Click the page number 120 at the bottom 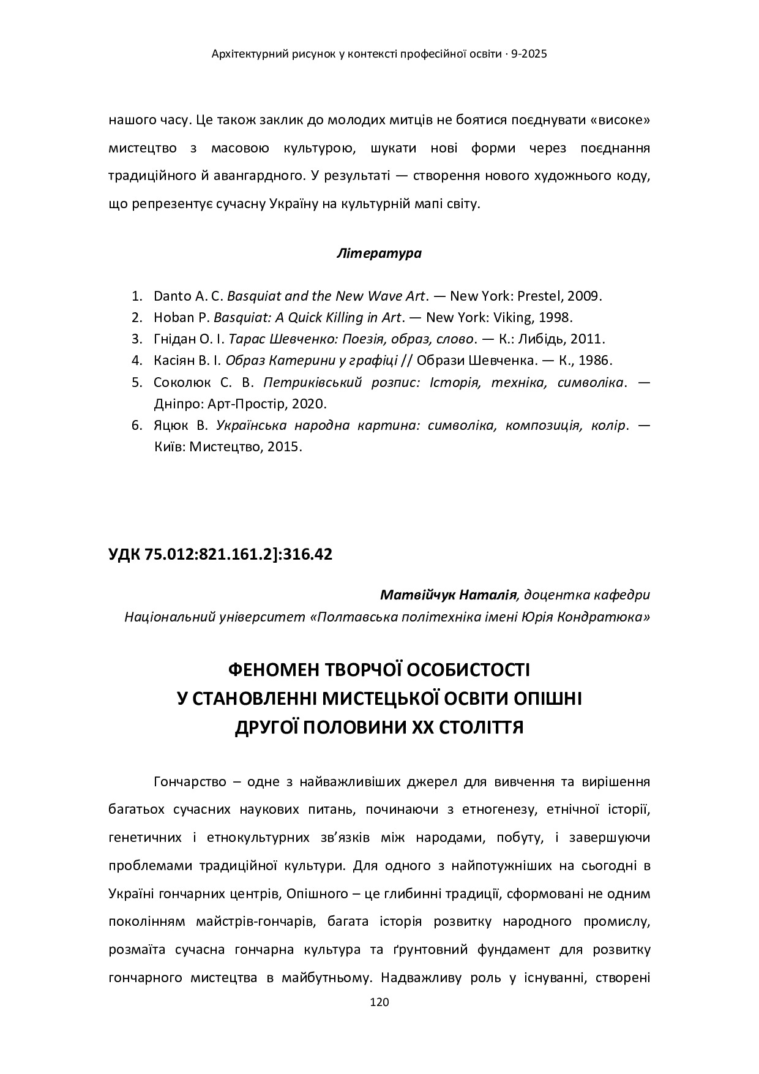[379, 1002]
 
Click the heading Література [379, 253]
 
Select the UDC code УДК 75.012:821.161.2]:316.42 [220, 555]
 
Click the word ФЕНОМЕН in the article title [269, 670]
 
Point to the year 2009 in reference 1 [584, 296]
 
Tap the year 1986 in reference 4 [598, 360]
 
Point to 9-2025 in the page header [528, 54]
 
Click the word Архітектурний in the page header [242, 54]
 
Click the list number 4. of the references [136, 360]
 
